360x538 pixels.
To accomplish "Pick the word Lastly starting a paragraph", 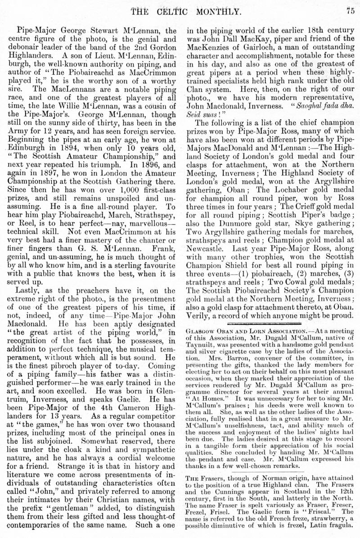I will (x=30, y=291).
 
